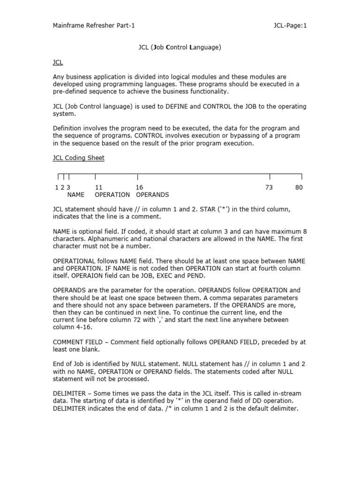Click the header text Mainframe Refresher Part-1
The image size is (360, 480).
(x=94, y=26)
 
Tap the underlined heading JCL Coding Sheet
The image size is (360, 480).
(x=78, y=158)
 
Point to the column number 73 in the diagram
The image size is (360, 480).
(x=269, y=187)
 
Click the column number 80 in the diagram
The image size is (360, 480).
(x=299, y=187)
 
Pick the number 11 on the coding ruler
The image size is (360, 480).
(x=98, y=187)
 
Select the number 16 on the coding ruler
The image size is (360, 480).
(x=139, y=187)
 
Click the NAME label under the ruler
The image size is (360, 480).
(x=75, y=195)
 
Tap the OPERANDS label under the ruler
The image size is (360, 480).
(x=152, y=195)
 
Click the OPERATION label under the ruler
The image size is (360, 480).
(x=112, y=195)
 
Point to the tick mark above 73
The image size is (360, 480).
(x=270, y=176)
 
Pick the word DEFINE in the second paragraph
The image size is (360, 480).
(x=176, y=106)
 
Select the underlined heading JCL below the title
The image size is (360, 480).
(x=58, y=62)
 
